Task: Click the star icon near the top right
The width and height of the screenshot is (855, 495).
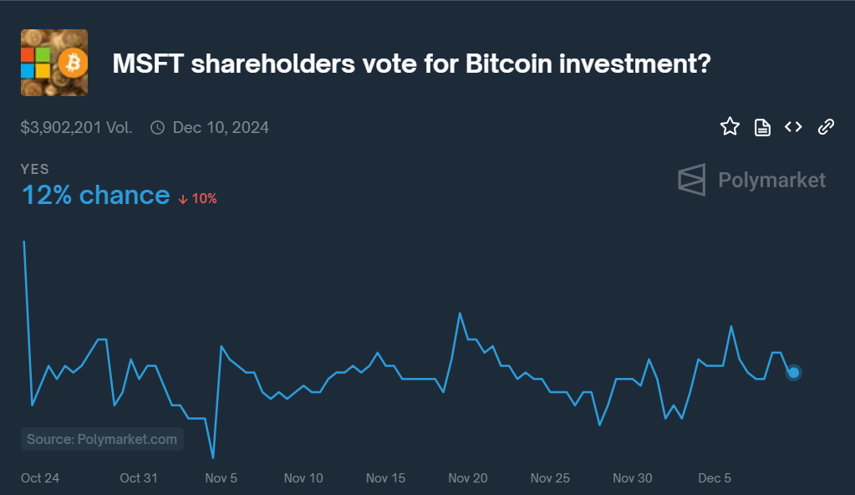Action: (x=730, y=127)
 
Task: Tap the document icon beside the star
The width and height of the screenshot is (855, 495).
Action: (x=762, y=127)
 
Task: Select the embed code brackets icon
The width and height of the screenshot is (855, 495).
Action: (x=793, y=127)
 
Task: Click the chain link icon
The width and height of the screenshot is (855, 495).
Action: (x=826, y=127)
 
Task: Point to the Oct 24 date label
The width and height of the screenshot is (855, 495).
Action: (x=40, y=478)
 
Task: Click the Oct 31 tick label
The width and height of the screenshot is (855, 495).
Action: (x=139, y=478)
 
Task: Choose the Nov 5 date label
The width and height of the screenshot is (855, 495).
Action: (x=221, y=478)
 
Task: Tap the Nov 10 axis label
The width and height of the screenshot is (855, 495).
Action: (x=303, y=478)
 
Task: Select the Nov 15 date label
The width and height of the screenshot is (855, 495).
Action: (x=385, y=478)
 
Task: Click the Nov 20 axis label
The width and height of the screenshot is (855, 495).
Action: (x=468, y=478)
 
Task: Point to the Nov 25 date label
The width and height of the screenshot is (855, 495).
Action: (x=550, y=478)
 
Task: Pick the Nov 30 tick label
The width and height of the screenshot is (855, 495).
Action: (x=633, y=478)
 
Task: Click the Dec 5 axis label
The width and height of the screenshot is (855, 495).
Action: (x=715, y=478)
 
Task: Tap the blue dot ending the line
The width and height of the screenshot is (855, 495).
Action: (x=794, y=372)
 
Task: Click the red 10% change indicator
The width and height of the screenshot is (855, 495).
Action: (x=198, y=199)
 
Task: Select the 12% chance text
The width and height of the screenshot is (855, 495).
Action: (x=95, y=196)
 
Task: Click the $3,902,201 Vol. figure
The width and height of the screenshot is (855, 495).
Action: (x=76, y=128)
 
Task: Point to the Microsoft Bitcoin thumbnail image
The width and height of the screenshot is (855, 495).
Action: (x=54, y=63)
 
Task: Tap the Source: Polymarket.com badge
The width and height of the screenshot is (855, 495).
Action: (x=102, y=439)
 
